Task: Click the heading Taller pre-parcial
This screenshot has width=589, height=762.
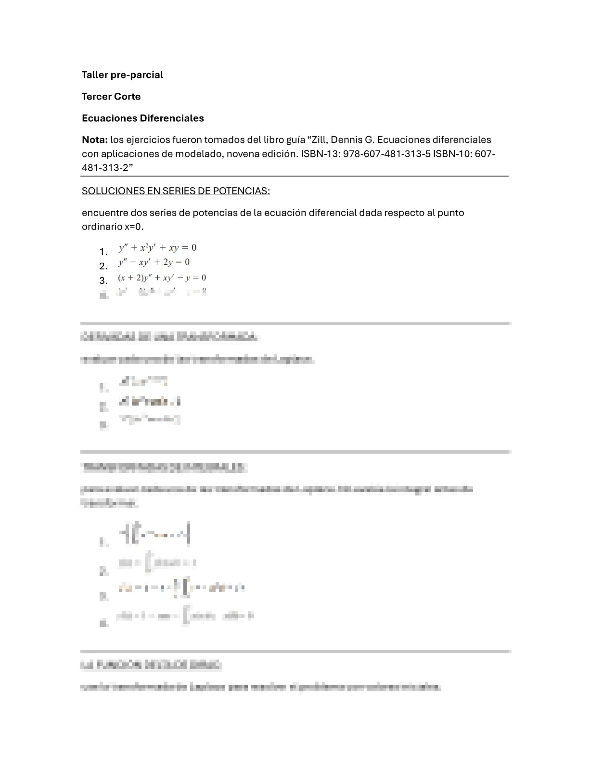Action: coord(122,75)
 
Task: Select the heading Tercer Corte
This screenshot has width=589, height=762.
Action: coord(111,96)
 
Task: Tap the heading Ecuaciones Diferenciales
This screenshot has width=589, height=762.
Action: coord(143,118)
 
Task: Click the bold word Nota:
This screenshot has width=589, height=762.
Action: coord(94,140)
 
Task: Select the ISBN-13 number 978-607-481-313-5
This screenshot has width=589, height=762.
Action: coord(386,154)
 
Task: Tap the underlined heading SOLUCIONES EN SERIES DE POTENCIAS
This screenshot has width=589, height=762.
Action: coord(176,191)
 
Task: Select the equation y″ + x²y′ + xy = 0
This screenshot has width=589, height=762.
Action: coord(158,248)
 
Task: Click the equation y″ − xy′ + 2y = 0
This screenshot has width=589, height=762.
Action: coord(154,262)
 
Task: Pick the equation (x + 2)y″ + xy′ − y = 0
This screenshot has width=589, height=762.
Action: coord(162,278)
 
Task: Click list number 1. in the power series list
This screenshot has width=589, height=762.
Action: coord(103,252)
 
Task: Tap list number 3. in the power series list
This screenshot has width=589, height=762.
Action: coord(103,280)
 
